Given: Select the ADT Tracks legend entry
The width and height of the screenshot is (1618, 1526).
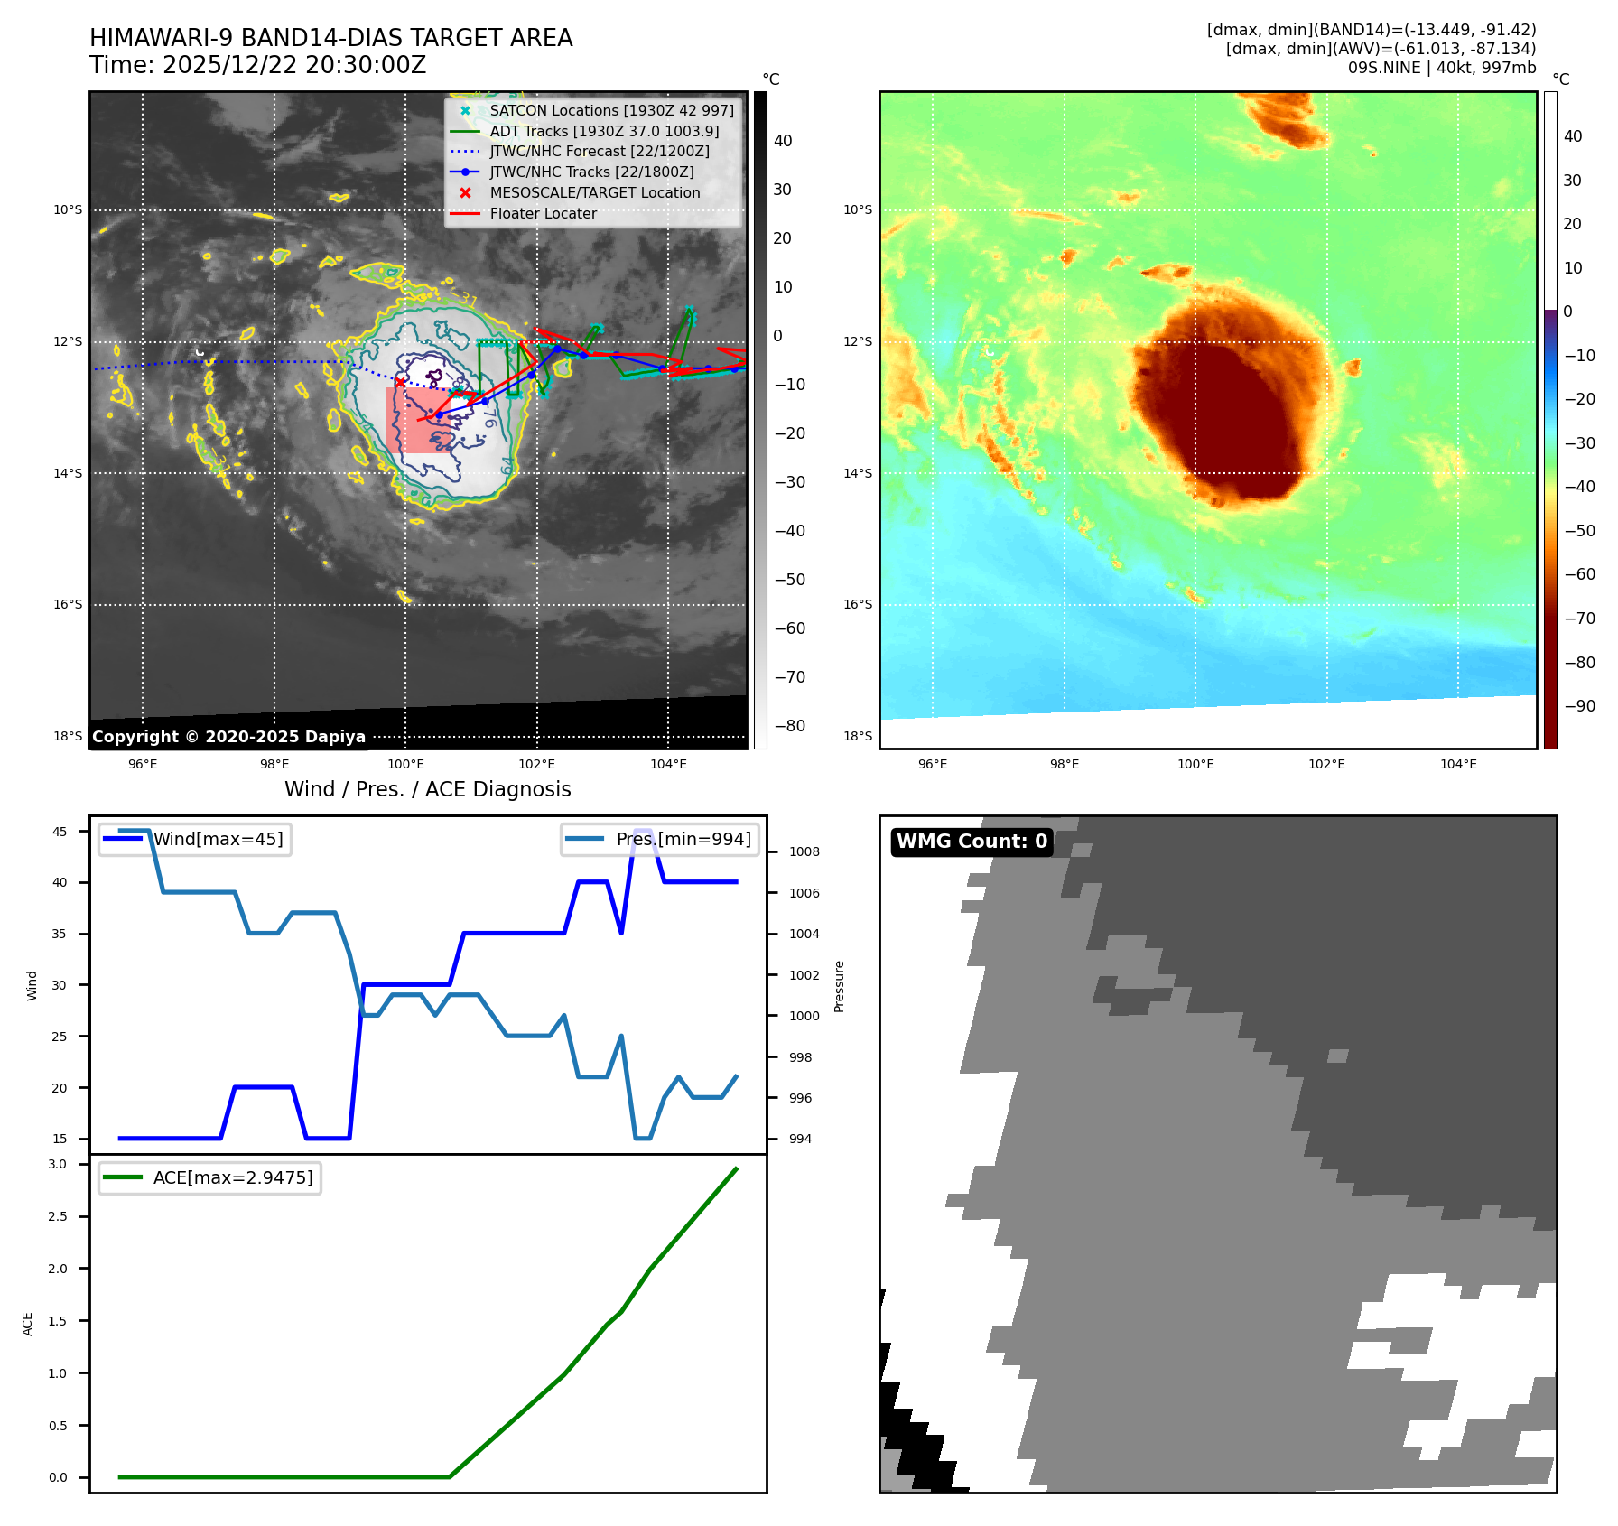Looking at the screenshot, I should coord(604,131).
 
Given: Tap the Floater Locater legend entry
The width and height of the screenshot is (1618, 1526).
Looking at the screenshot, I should coord(543,213).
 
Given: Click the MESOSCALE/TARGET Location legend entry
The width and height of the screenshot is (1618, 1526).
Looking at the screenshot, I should coord(594,192).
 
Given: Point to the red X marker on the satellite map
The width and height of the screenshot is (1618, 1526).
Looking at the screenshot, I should coord(400,382).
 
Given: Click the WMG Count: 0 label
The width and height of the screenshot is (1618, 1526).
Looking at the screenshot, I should coord(972,842).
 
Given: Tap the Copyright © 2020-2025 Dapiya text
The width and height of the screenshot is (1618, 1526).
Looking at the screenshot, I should coord(228,737).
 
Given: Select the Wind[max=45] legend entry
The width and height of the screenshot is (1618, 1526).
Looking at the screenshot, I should coord(218,839).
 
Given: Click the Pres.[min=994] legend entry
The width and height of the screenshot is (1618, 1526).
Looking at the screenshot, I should coord(683,839).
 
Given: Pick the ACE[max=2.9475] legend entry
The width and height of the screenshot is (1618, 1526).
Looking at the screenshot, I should coord(233,1177).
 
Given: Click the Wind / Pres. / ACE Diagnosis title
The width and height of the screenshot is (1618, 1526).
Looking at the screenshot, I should coord(428,789).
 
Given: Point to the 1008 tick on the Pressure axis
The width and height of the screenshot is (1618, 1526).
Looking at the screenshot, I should coord(804,851).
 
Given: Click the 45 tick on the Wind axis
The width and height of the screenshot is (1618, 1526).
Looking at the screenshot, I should coord(60,832).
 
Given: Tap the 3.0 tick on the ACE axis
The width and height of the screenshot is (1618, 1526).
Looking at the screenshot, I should coord(58,1164).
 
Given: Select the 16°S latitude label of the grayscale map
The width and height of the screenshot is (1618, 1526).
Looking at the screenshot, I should coord(68,604).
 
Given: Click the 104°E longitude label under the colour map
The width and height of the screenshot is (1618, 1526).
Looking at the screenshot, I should coord(1458,764).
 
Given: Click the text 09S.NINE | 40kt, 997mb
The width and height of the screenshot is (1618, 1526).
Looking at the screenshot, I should coord(1441,68).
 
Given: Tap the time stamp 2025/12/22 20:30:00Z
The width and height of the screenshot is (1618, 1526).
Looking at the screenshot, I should coord(294,65).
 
